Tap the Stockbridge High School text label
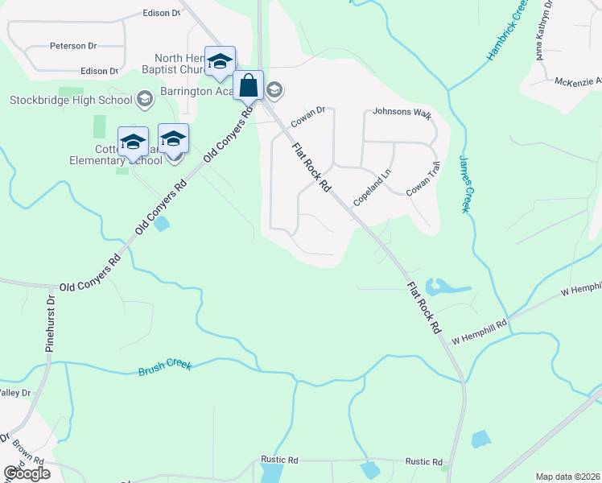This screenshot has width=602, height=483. coord(71,100)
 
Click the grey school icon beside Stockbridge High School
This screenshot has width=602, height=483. coord(145,100)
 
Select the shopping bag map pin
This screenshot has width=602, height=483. coord(249,85)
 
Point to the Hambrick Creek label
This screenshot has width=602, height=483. coord(505,33)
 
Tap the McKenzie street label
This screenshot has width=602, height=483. coord(578,80)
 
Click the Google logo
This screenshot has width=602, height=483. coord(27,473)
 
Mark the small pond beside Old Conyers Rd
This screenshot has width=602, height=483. coord(162,223)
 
